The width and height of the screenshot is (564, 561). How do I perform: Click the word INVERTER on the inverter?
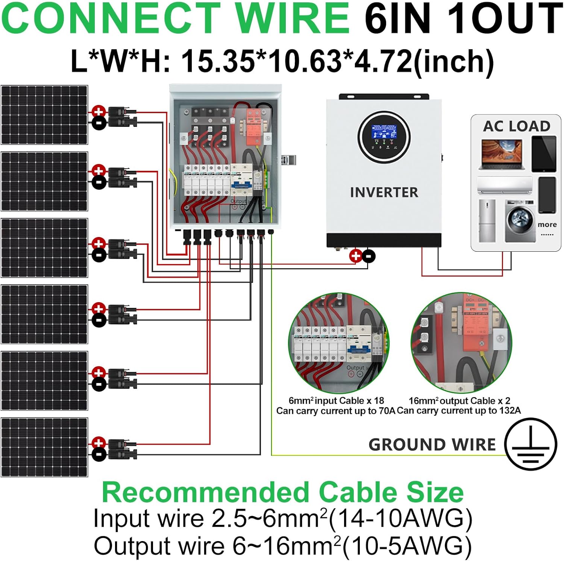(x=384, y=192)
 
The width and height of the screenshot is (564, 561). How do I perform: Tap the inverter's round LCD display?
(x=384, y=137)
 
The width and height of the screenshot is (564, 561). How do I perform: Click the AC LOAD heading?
(x=516, y=126)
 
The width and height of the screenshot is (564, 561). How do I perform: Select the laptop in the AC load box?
(x=502, y=154)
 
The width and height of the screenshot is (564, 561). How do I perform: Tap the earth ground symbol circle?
(x=530, y=444)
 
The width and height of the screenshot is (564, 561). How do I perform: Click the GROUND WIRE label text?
(x=432, y=445)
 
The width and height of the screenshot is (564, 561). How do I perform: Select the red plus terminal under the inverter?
(x=355, y=256)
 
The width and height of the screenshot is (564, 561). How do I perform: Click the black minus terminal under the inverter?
(x=369, y=256)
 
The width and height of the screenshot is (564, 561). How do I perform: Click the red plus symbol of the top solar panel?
(x=99, y=111)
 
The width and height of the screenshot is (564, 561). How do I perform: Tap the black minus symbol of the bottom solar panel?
(x=99, y=455)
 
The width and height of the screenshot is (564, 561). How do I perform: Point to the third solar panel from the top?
(x=44, y=248)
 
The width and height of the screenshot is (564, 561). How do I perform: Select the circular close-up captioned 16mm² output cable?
(x=461, y=343)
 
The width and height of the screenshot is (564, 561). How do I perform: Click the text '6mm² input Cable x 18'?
(x=336, y=401)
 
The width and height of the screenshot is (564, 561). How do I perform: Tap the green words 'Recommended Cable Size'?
(x=283, y=492)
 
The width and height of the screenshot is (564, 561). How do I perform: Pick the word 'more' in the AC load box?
(x=547, y=225)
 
